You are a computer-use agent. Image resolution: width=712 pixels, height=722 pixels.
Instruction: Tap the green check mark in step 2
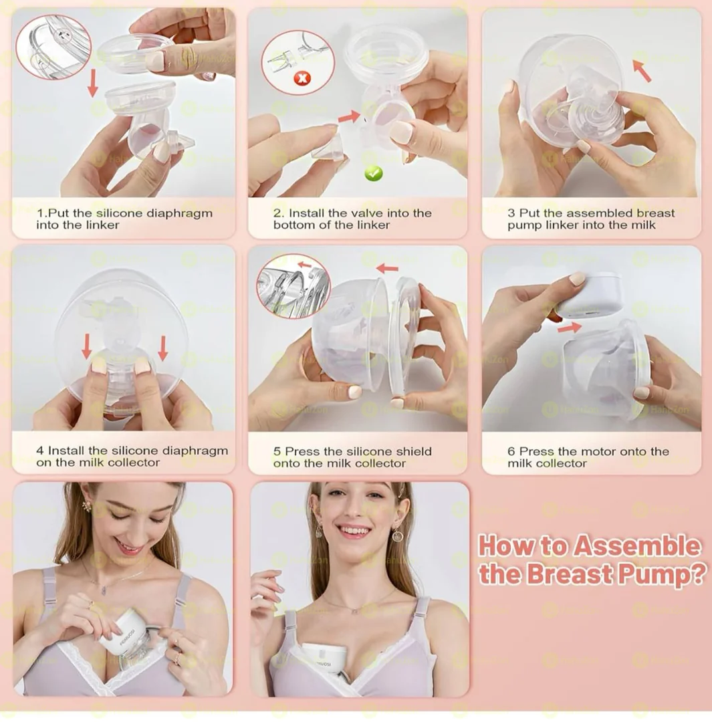tap(373, 173)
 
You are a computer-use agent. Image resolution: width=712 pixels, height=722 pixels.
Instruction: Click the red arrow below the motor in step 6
tap(569, 328)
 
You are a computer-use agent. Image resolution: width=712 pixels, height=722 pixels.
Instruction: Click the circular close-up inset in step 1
tap(52, 47)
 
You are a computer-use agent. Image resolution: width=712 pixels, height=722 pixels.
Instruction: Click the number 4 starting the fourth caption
tap(39, 451)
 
